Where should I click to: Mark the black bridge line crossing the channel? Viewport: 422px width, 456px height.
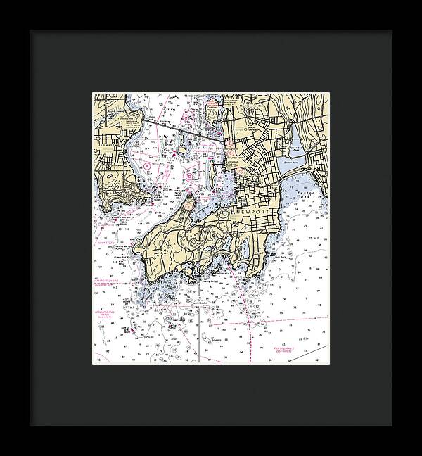[176, 127]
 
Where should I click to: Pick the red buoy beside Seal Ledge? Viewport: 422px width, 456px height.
[131, 329]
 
